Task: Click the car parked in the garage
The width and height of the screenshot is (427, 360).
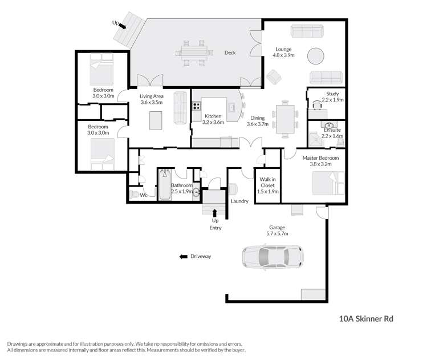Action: click(273, 257)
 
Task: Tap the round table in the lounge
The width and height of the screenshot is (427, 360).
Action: click(316, 56)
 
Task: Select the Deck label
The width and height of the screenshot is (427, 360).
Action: click(230, 53)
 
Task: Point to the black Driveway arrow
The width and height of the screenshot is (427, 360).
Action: click(184, 257)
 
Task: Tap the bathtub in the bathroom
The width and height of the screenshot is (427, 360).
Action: click(164, 184)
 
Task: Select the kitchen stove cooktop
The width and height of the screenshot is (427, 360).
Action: click(196, 106)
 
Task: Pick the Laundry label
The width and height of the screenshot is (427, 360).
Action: click(238, 201)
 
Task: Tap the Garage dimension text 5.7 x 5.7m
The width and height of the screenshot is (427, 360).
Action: click(277, 233)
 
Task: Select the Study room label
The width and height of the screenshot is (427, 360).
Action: click(332, 94)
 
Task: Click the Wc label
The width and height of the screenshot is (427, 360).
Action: click(144, 195)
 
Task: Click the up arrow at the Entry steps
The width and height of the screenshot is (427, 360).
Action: click(215, 213)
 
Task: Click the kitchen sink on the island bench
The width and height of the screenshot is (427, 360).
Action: click(232, 107)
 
